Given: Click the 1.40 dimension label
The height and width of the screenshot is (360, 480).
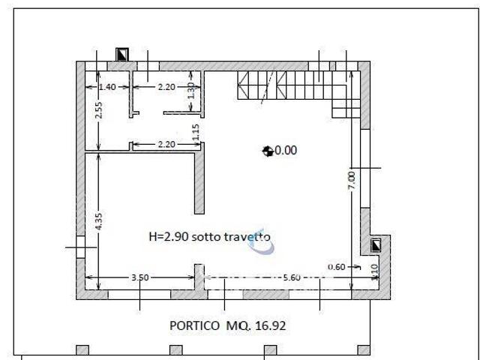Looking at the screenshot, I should click(107, 87).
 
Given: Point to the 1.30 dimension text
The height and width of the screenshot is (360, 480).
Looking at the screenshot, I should click(192, 91).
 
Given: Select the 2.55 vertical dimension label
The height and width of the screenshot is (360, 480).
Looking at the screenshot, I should click(97, 110).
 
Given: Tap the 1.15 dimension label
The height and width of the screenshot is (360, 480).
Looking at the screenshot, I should click(196, 133).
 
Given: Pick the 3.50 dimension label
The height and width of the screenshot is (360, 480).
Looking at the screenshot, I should click(140, 277).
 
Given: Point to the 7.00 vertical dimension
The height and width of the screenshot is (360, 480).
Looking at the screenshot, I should click(351, 180).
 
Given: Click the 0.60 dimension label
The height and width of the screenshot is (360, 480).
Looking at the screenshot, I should click(337, 266).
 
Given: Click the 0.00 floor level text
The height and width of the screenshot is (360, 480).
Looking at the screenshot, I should click(286, 150).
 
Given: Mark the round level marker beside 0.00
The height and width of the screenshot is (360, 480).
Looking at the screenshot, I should click(267, 151).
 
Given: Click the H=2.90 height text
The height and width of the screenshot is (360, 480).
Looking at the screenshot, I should click(169, 236).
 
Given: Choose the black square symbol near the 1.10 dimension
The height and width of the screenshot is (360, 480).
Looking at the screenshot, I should click(376, 244).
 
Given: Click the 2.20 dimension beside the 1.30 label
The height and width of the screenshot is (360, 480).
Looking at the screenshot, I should click(166, 87).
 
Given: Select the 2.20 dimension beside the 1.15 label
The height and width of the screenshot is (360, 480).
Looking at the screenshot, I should click(166, 144).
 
